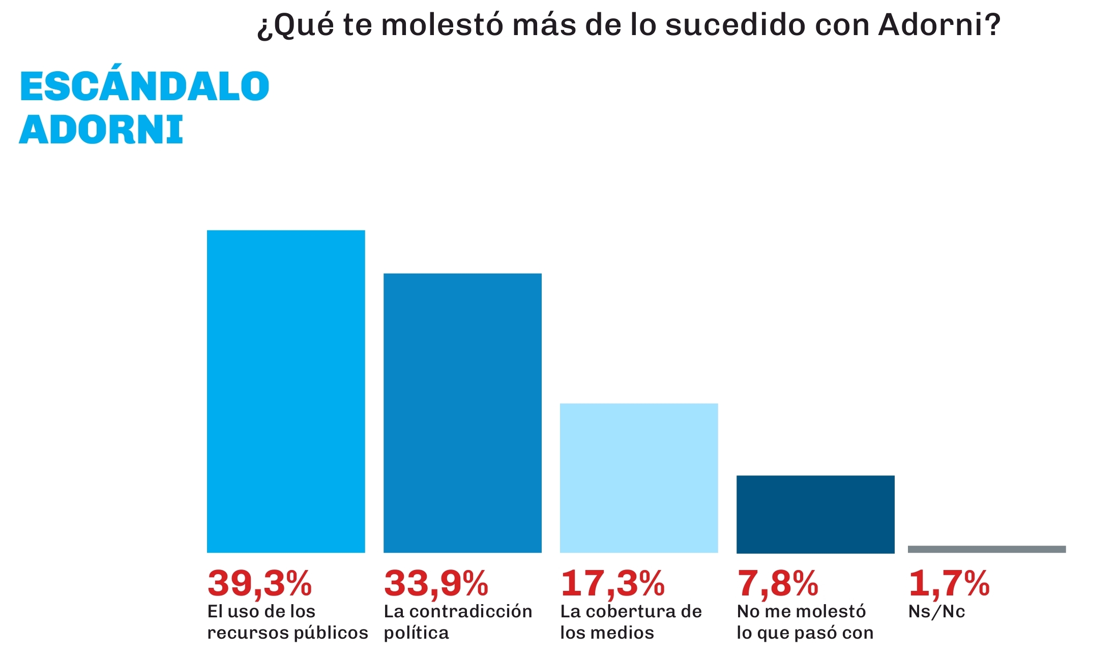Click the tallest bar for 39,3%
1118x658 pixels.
[x=286, y=391]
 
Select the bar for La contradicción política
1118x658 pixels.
[x=462, y=412]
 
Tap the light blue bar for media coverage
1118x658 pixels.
[x=639, y=477]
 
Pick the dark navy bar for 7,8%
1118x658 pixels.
[x=815, y=514]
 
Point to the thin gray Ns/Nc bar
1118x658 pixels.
[x=987, y=549]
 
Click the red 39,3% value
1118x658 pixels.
[x=259, y=583]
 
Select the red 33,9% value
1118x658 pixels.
[x=436, y=583]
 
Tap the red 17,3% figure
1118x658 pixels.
[x=612, y=583]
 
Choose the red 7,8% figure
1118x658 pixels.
[x=778, y=583]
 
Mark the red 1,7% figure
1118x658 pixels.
[x=949, y=583]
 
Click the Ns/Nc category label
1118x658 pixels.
[x=936, y=612]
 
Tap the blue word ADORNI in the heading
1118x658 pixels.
[x=101, y=130]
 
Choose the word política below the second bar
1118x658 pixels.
[x=416, y=634]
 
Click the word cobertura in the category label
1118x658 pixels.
[x=631, y=612]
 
